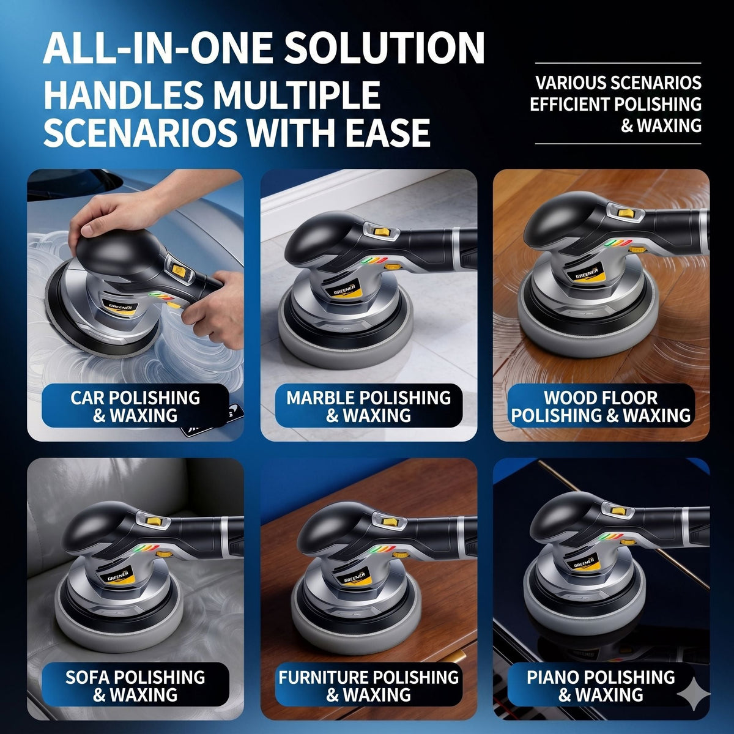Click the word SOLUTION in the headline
click(384, 48)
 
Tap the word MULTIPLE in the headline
click(297, 94)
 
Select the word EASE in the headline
click(388, 133)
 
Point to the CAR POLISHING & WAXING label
click(135, 406)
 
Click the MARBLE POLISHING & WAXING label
click(368, 406)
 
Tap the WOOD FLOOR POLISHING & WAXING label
click(601, 406)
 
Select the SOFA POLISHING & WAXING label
click(135, 684)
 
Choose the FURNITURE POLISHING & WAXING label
click(368, 684)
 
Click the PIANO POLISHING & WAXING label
click(601, 684)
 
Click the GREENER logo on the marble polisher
click(344, 287)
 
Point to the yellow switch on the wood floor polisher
click(625, 213)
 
